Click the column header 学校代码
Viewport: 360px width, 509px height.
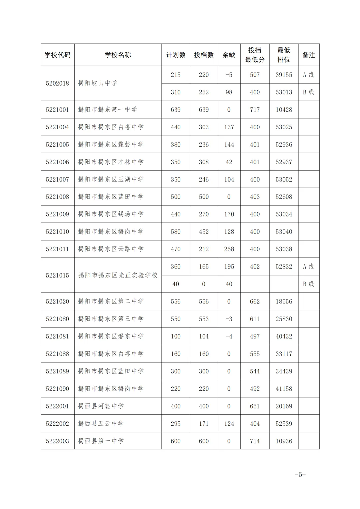pos(58,55)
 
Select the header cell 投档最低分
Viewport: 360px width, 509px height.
pos(255,55)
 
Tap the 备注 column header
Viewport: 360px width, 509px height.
pos(309,55)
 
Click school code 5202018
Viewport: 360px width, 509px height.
pos(58,83)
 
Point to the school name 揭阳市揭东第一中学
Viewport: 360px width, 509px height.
pos(107,110)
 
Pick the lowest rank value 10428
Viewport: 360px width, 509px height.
pos(284,110)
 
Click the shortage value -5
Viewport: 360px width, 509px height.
pos(229,75)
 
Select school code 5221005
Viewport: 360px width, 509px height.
pos(58,145)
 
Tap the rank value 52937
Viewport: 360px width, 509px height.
pos(284,162)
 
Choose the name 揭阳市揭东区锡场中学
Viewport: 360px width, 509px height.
pos(111,214)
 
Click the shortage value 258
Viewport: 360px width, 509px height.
pos(229,249)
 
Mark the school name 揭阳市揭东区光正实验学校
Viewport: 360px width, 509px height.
pos(118,275)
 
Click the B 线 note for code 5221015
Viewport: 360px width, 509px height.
pos(309,284)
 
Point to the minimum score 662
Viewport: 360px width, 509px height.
pos(255,301)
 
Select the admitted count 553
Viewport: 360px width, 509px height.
pos(204,319)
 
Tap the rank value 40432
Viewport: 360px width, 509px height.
pos(284,336)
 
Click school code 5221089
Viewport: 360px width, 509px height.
pos(58,371)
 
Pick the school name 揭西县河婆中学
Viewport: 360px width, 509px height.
pos(101,406)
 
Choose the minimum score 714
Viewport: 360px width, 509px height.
pos(255,441)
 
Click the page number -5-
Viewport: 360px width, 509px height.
pos(300,474)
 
